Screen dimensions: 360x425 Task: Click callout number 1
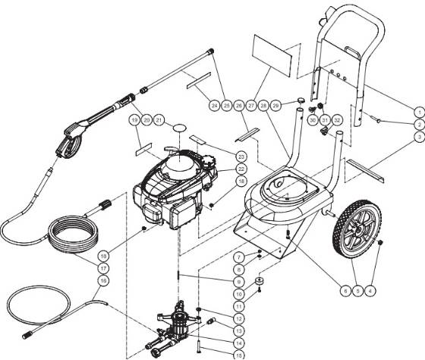point(417,112)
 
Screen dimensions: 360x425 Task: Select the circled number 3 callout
point(417,137)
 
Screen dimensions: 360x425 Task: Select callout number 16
point(104,280)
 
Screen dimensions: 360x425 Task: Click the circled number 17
point(104,268)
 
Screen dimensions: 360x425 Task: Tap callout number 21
point(159,120)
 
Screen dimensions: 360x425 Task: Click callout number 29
point(276,104)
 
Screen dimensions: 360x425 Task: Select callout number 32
point(338,120)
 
